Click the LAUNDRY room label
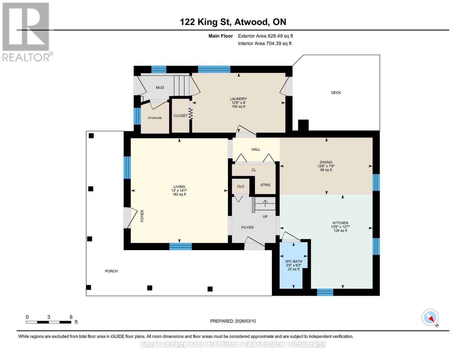(238, 99)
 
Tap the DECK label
(336, 93)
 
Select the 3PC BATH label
(293, 261)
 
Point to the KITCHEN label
(340, 223)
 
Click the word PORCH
(111, 271)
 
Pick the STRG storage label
(265, 185)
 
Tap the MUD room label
(160, 88)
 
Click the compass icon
(430, 317)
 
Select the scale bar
(49, 322)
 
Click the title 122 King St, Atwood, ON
(233, 22)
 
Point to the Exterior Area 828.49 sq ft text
(266, 36)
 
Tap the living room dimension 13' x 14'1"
(179, 190)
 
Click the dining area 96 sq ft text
(326, 170)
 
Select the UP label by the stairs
(265, 217)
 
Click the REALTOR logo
(27, 32)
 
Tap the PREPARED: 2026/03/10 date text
(233, 321)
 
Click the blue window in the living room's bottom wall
(180, 246)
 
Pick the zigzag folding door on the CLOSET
(191, 113)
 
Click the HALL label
(256, 149)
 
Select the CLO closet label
(240, 186)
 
